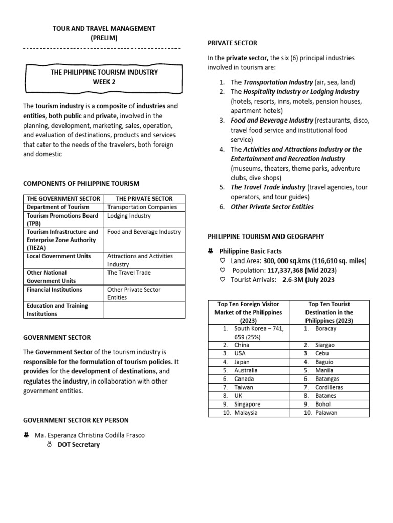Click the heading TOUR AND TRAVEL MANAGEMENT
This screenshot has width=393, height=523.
tap(104, 28)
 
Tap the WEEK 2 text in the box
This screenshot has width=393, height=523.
tap(104, 82)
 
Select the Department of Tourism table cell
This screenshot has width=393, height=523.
tap(58, 207)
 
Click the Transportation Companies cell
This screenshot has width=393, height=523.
tap(142, 207)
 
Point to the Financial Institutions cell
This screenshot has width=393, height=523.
tap(54, 290)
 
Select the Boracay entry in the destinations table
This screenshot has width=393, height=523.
tap(326, 329)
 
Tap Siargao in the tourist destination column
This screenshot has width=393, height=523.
tap(326, 345)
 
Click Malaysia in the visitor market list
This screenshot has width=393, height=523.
tap(246, 413)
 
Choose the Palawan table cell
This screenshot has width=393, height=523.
tap(326, 413)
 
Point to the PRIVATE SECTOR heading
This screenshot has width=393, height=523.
tap(232, 43)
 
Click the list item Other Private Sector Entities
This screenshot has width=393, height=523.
tap(272, 207)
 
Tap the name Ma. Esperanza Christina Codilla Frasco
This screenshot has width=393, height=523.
tap(90, 435)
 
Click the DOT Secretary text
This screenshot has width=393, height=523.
tap(78, 445)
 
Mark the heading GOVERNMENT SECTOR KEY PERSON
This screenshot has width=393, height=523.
tap(76, 420)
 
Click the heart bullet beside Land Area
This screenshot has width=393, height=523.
tap(222, 261)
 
